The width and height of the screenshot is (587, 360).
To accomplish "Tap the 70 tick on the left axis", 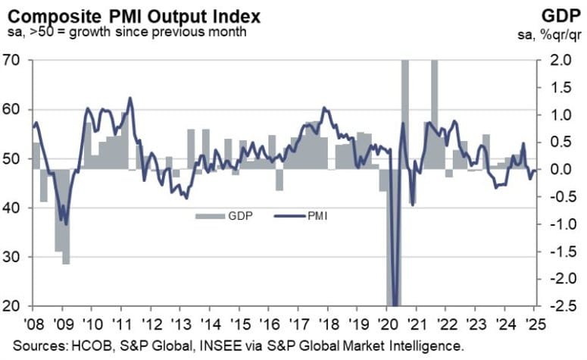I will (14, 60).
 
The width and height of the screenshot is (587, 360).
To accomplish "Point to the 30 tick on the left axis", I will (14, 257).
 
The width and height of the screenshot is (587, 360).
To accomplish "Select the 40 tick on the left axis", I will (14, 208).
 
